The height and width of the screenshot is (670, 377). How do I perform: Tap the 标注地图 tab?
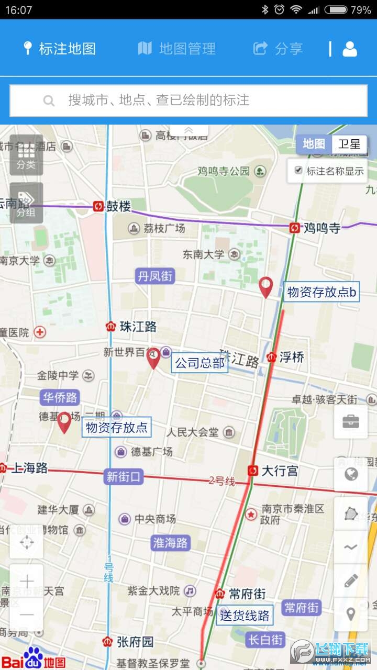tap(60, 49)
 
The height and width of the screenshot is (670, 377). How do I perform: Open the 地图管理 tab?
tap(177, 49)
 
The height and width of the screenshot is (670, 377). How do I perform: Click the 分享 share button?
tap(278, 49)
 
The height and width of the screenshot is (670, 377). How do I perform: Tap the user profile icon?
tap(350, 49)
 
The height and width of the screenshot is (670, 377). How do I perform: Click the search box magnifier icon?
tap(49, 100)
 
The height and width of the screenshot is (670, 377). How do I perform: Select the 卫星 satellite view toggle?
tap(349, 144)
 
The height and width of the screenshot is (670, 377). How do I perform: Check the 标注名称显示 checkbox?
tap(298, 170)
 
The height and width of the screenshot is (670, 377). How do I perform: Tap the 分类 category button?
tap(26, 155)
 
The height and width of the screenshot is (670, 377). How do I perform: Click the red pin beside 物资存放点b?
tap(266, 287)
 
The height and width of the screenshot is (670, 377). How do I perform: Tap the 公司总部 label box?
tap(199, 363)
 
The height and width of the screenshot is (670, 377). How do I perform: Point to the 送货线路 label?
tap(245, 616)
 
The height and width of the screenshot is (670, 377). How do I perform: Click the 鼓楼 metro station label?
tap(118, 206)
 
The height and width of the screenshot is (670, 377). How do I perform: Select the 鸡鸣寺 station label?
tap(322, 228)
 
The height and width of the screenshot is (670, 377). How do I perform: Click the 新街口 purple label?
tap(124, 477)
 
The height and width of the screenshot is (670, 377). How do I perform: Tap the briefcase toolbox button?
tap(351, 422)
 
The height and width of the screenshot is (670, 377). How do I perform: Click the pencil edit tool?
tap(351, 580)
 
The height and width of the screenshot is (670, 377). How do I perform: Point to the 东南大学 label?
tap(204, 255)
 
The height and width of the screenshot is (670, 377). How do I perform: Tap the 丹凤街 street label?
tap(155, 276)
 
